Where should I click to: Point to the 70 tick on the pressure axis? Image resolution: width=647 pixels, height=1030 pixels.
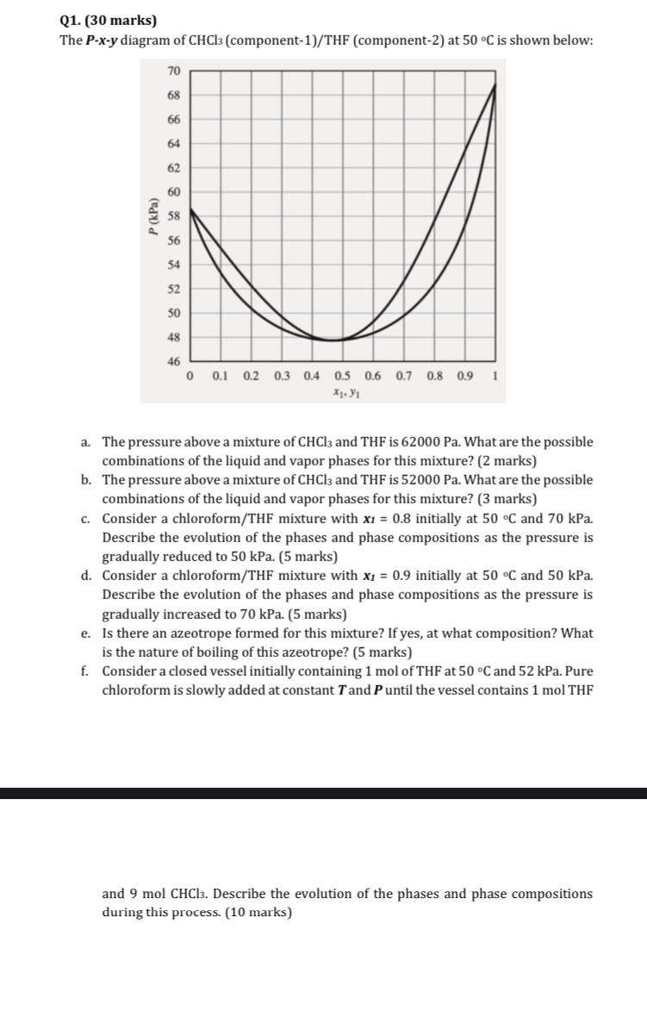173,71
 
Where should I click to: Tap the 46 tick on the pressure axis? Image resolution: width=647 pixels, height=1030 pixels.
173,362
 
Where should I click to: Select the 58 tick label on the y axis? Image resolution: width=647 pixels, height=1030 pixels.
173,216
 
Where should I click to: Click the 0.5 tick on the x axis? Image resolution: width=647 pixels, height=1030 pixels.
343,376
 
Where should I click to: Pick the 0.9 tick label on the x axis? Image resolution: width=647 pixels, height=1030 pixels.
465,376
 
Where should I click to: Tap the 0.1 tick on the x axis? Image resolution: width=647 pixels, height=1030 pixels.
220,376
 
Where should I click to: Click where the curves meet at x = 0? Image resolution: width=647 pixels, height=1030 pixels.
190,209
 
